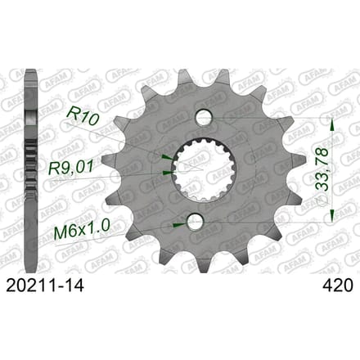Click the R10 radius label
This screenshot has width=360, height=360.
pos(82,116)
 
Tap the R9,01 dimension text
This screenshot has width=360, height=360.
pos(71,169)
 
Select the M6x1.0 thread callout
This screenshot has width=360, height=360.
pos(82,230)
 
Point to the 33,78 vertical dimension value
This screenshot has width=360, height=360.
pos(322,169)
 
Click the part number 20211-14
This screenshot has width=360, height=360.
pos(45,286)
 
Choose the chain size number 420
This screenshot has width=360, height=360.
pos(338,286)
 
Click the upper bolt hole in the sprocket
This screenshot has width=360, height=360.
pos(204,117)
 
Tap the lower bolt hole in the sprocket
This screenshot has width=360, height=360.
pos(196,221)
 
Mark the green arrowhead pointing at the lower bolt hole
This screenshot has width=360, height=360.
pos(179,224)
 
